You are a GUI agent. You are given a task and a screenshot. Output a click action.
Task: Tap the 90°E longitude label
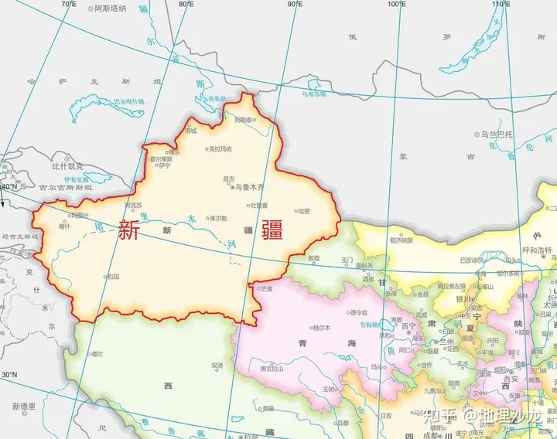pyautogui.click(x=295, y=4)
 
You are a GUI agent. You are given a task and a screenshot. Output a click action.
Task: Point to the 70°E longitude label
pyautogui.click(x=69, y=4)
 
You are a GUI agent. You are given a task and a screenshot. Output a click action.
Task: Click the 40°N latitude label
pyautogui.click(x=9, y=187)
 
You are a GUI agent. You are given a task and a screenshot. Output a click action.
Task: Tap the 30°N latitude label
pyautogui.click(x=9, y=376)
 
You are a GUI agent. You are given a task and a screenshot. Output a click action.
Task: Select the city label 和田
pyautogui.click(x=113, y=276)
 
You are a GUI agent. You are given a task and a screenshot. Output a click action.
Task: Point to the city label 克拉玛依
pyautogui.click(x=220, y=148)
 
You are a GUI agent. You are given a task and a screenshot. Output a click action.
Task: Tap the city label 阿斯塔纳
pyautogui.click(x=110, y=8)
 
